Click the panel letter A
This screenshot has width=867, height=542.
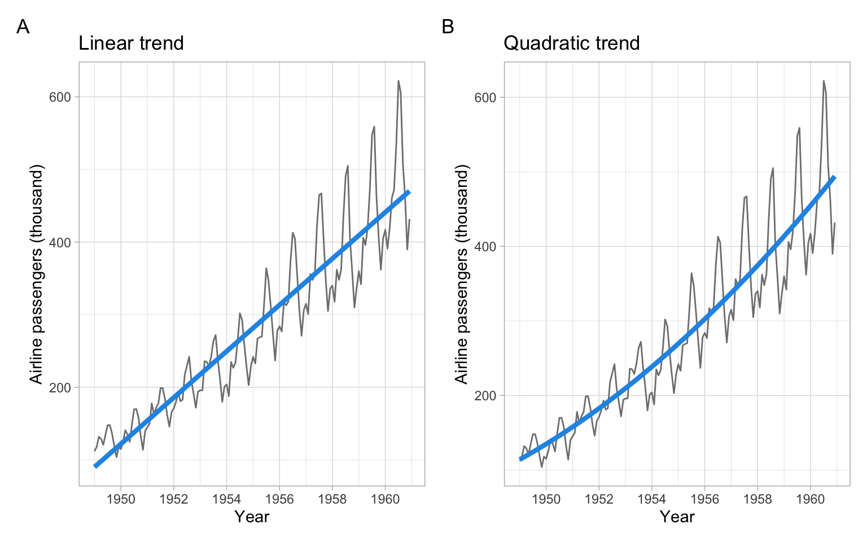click(x=23, y=27)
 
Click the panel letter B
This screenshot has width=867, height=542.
click(x=448, y=27)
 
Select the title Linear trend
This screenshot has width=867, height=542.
click(x=131, y=43)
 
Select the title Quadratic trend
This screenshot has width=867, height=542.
click(x=571, y=43)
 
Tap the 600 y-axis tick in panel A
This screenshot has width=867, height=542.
click(x=60, y=97)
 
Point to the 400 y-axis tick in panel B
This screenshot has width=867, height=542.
click(x=485, y=247)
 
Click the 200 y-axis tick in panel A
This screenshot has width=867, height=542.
click(x=60, y=388)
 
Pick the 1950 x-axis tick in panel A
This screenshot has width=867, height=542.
click(x=121, y=499)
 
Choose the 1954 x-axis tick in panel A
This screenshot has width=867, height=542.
click(x=226, y=499)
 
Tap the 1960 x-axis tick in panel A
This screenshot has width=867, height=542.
click(x=385, y=499)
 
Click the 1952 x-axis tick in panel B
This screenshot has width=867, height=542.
click(x=599, y=499)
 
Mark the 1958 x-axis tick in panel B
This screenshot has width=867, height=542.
click(x=757, y=499)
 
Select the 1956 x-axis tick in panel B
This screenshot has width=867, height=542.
click(x=704, y=499)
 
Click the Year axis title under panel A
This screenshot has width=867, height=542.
click(x=252, y=517)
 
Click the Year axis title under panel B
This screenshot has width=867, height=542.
click(x=677, y=517)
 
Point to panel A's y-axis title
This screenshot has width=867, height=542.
click(x=37, y=274)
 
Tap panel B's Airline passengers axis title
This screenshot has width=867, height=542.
click(x=462, y=274)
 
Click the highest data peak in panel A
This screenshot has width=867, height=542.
click(x=398, y=81)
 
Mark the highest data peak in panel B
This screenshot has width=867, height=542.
click(x=824, y=81)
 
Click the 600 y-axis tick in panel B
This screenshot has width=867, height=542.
click(x=485, y=97)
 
